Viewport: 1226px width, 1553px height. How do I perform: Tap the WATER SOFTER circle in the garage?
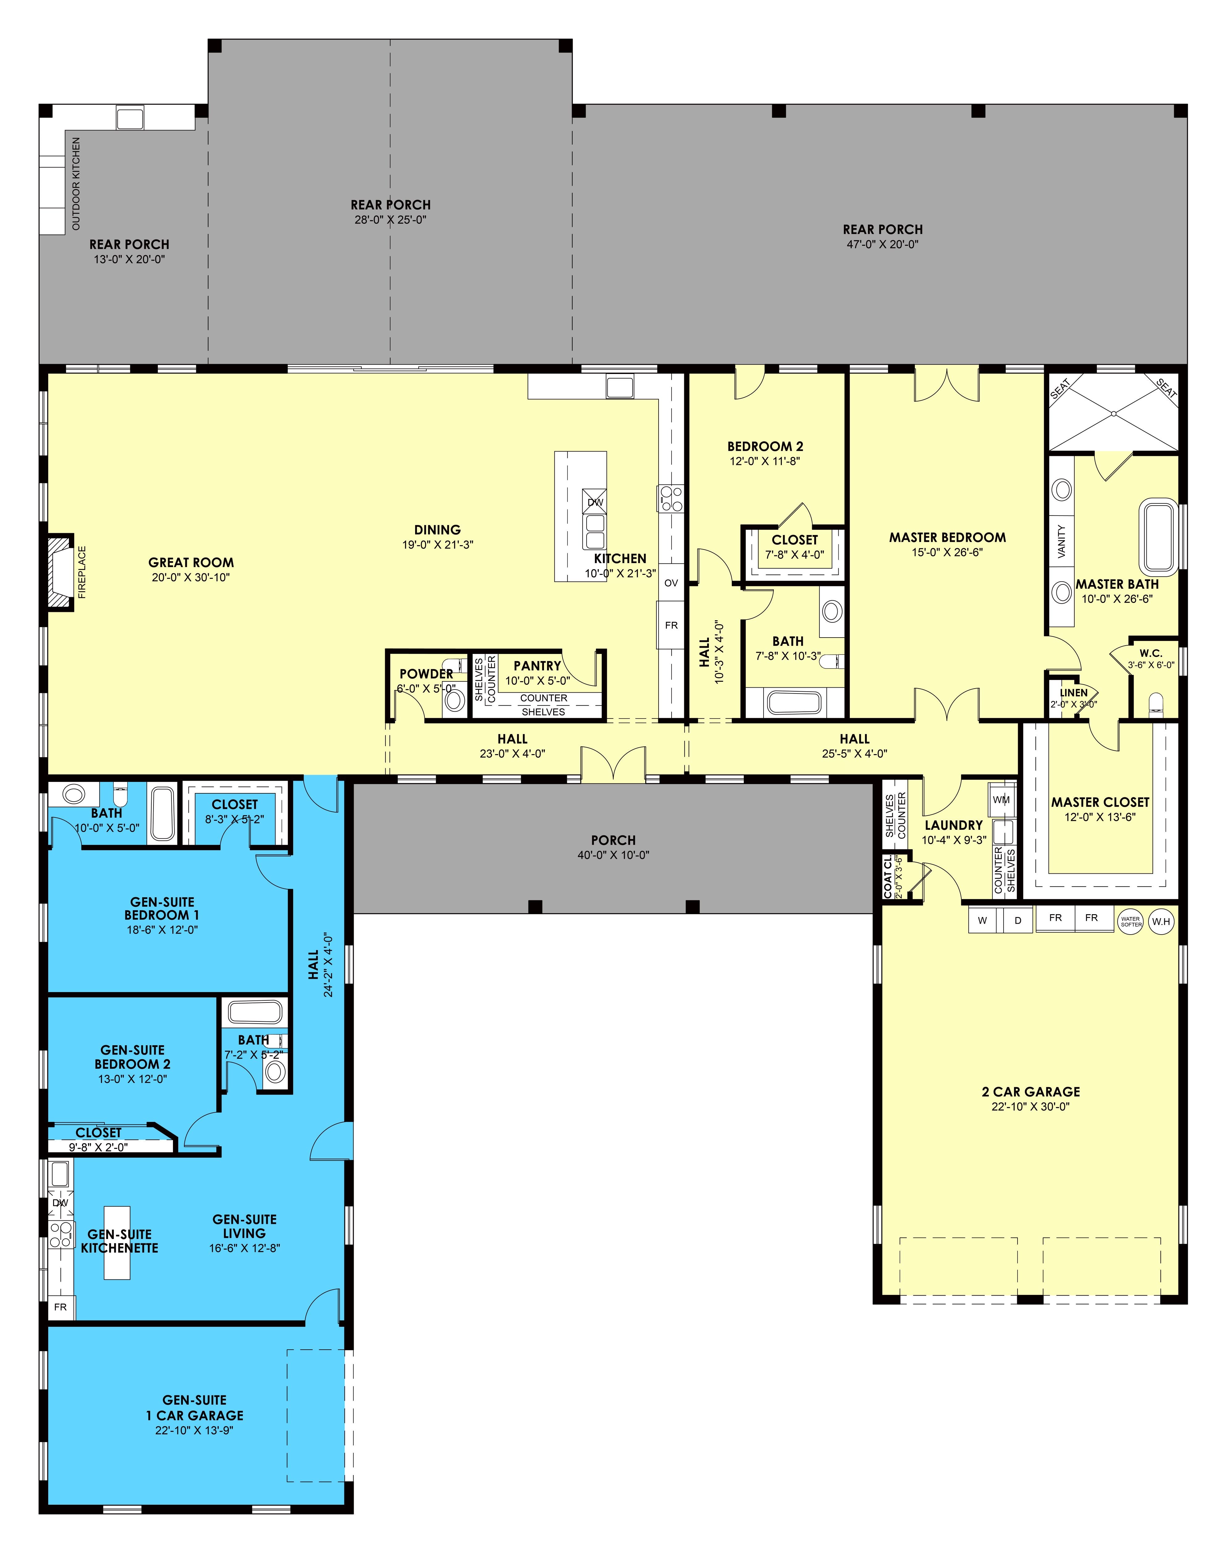[1131, 921]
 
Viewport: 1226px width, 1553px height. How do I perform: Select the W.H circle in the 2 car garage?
[1161, 921]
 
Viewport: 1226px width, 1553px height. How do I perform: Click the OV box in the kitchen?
[671, 583]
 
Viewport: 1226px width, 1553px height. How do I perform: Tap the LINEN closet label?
[1074, 693]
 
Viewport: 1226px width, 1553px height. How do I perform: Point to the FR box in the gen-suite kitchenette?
[61, 1307]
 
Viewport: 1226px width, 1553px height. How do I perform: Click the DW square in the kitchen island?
[595, 503]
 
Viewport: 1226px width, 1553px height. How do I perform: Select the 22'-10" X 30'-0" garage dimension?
[1031, 1106]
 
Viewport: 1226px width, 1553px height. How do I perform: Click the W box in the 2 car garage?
[983, 920]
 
